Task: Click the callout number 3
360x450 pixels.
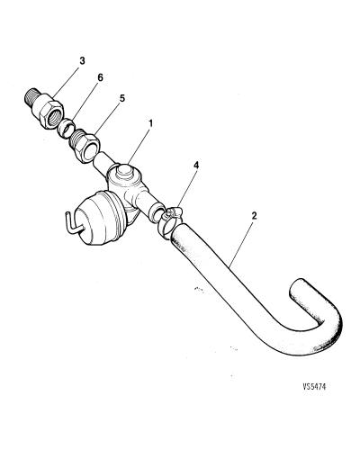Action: point(82,60)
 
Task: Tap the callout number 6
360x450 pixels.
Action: point(100,77)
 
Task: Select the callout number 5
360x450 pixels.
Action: point(121,98)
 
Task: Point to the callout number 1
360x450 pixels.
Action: point(150,123)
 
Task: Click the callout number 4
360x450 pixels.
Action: point(196,165)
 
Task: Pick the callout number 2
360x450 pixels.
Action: point(254,215)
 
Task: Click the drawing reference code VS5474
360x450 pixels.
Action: point(314,386)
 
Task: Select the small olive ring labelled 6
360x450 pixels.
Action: point(66,128)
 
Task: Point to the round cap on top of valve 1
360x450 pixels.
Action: point(123,172)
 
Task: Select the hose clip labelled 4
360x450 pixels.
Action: point(168,220)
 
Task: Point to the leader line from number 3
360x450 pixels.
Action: point(66,82)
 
